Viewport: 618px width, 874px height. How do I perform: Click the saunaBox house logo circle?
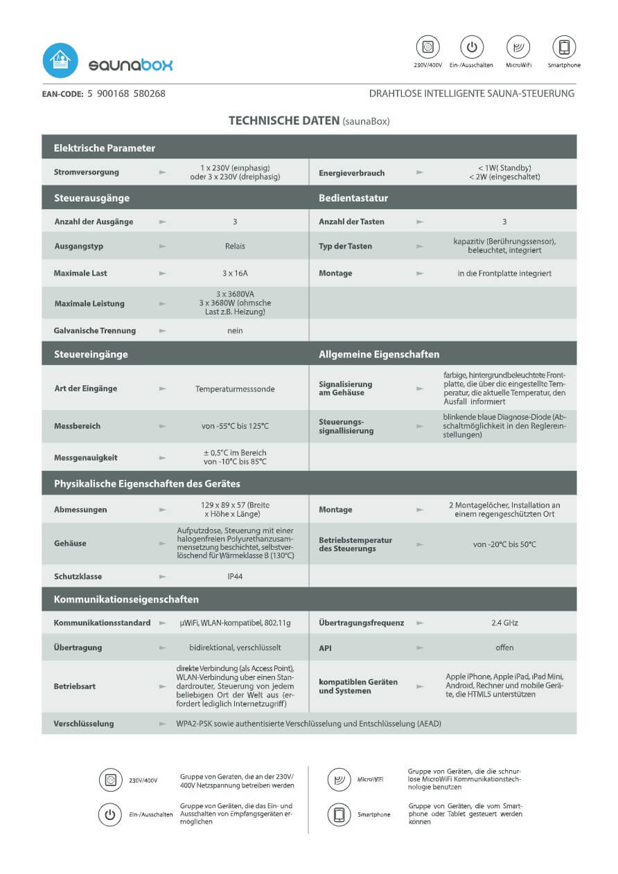(x=60, y=61)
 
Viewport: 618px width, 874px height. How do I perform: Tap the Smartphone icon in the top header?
(x=564, y=47)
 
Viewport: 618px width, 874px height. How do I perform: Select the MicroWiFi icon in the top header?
(x=518, y=47)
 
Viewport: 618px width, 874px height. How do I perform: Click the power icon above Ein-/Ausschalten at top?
(x=472, y=47)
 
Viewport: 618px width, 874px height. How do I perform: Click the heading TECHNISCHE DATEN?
(x=283, y=121)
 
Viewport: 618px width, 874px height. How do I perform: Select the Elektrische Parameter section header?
(x=105, y=148)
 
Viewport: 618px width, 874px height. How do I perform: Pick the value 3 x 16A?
(x=235, y=274)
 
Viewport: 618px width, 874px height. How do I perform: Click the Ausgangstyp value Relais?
(x=235, y=246)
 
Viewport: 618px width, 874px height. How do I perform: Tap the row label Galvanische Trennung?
(x=95, y=331)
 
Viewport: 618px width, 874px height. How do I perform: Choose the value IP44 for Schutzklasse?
(x=235, y=576)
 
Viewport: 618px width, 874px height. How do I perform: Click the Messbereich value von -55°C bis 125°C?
(x=235, y=426)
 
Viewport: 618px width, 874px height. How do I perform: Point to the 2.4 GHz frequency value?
(x=504, y=623)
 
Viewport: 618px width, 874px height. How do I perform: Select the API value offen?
(x=504, y=648)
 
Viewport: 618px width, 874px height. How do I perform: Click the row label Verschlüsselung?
(x=84, y=724)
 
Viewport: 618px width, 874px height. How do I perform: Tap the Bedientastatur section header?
(x=353, y=198)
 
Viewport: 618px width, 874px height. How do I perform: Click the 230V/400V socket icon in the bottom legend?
(x=110, y=780)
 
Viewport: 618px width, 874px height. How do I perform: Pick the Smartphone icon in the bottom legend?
(x=339, y=814)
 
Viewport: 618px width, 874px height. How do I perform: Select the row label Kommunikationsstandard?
(x=102, y=623)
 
